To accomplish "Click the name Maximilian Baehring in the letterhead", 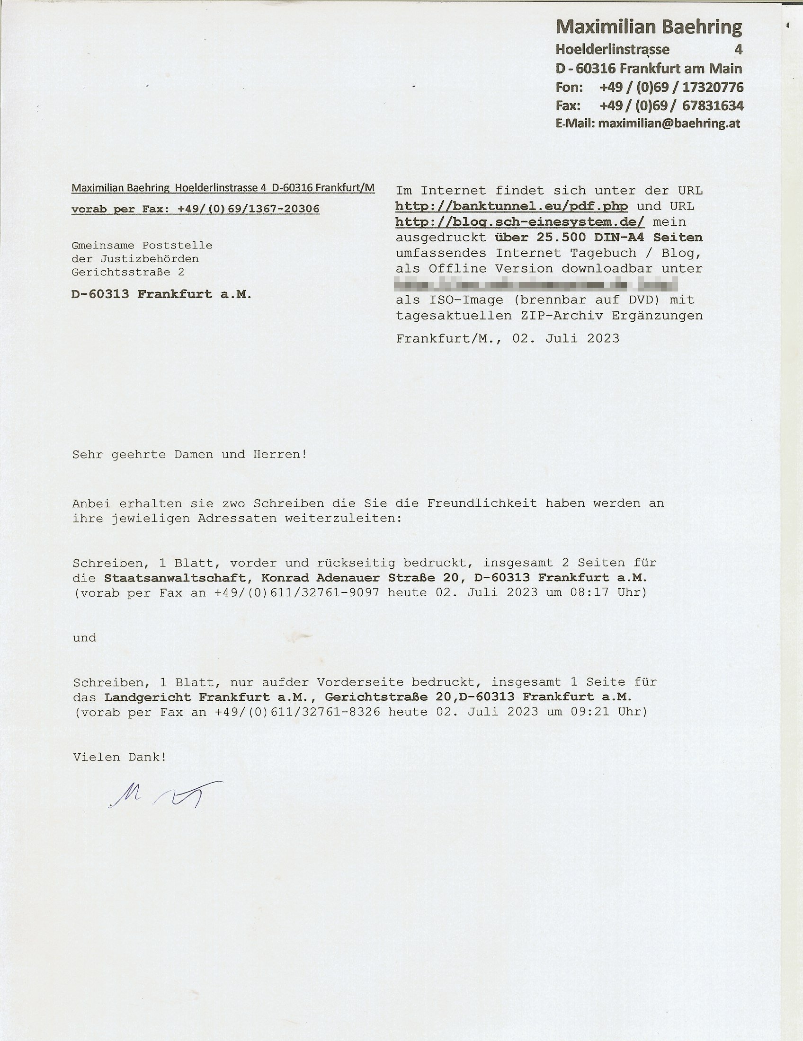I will [x=649, y=27].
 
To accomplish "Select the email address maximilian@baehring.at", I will [x=669, y=124].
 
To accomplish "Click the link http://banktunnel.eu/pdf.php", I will [x=511, y=206].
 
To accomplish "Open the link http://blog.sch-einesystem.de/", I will [x=520, y=222].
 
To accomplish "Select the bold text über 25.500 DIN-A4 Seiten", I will [x=598, y=238].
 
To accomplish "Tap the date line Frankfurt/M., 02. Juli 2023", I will [x=508, y=339].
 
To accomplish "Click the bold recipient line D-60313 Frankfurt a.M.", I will [x=161, y=294].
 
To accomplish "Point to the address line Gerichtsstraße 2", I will [x=128, y=272].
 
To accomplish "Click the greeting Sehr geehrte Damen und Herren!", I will [x=189, y=454].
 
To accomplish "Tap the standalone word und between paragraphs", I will [x=84, y=638].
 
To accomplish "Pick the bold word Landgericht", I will [x=147, y=697].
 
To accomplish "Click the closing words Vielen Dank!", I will [x=120, y=757].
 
